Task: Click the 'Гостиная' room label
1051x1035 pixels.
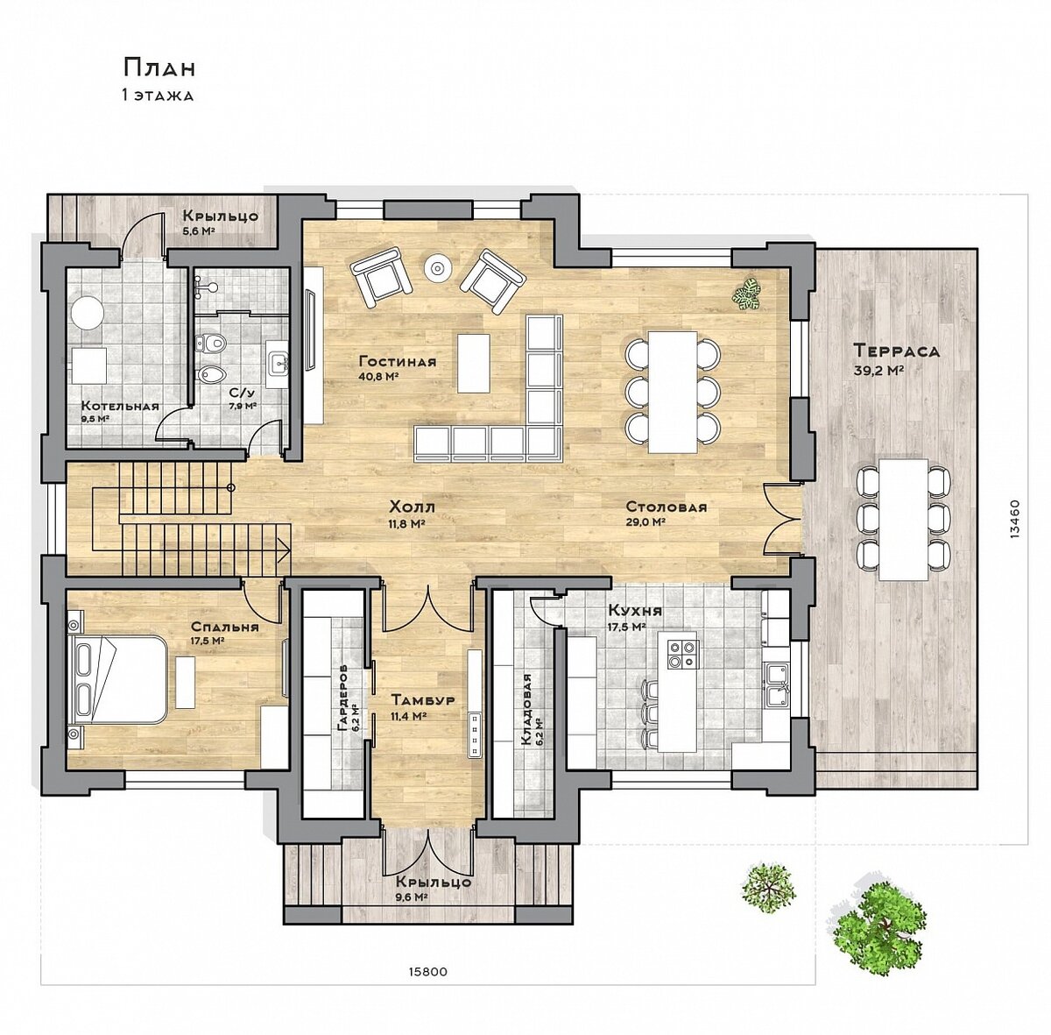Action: [x=397, y=361]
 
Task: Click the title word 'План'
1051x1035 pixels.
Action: [x=159, y=67]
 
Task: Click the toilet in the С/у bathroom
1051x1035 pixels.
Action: [x=210, y=343]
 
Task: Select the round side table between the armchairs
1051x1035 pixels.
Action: [x=437, y=267]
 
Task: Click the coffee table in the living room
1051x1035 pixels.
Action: [x=473, y=363]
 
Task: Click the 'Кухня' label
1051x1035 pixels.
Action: [x=635, y=610]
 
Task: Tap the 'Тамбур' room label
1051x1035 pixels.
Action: [x=423, y=700]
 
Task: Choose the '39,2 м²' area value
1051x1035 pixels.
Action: [x=879, y=370]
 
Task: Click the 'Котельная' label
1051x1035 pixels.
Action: [x=120, y=406]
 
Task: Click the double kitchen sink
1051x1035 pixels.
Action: [x=776, y=684]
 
